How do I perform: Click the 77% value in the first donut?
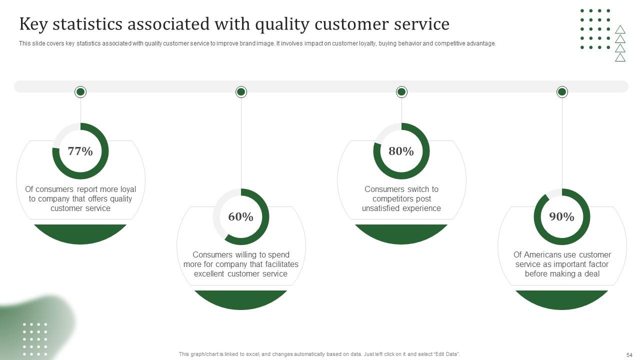(80, 151)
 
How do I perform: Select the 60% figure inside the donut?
(240, 216)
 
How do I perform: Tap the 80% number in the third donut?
(401, 151)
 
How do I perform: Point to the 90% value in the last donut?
(561, 216)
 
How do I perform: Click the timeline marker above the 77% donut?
(80, 92)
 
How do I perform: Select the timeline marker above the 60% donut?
(241, 92)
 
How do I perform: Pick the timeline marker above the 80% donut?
(401, 92)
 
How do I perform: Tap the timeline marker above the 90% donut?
(562, 92)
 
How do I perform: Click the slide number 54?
(629, 354)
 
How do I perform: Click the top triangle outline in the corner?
(620, 29)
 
